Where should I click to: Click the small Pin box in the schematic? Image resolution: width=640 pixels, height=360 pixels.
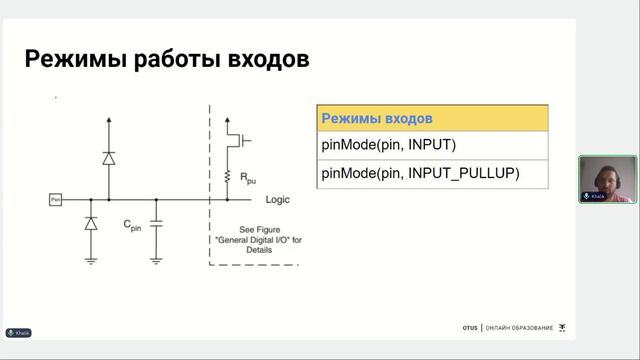pos(56,200)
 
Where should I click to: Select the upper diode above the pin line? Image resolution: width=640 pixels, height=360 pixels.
pos(108,158)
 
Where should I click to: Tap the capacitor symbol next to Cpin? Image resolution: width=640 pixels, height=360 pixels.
pos(156,219)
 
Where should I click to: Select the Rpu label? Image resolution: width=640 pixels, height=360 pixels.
pos(246,177)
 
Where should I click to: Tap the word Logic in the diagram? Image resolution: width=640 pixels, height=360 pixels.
pos(277,200)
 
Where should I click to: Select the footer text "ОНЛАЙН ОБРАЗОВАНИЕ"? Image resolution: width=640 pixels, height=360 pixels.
pos(519,328)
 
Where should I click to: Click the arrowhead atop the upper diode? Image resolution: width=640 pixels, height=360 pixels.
pos(108,119)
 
